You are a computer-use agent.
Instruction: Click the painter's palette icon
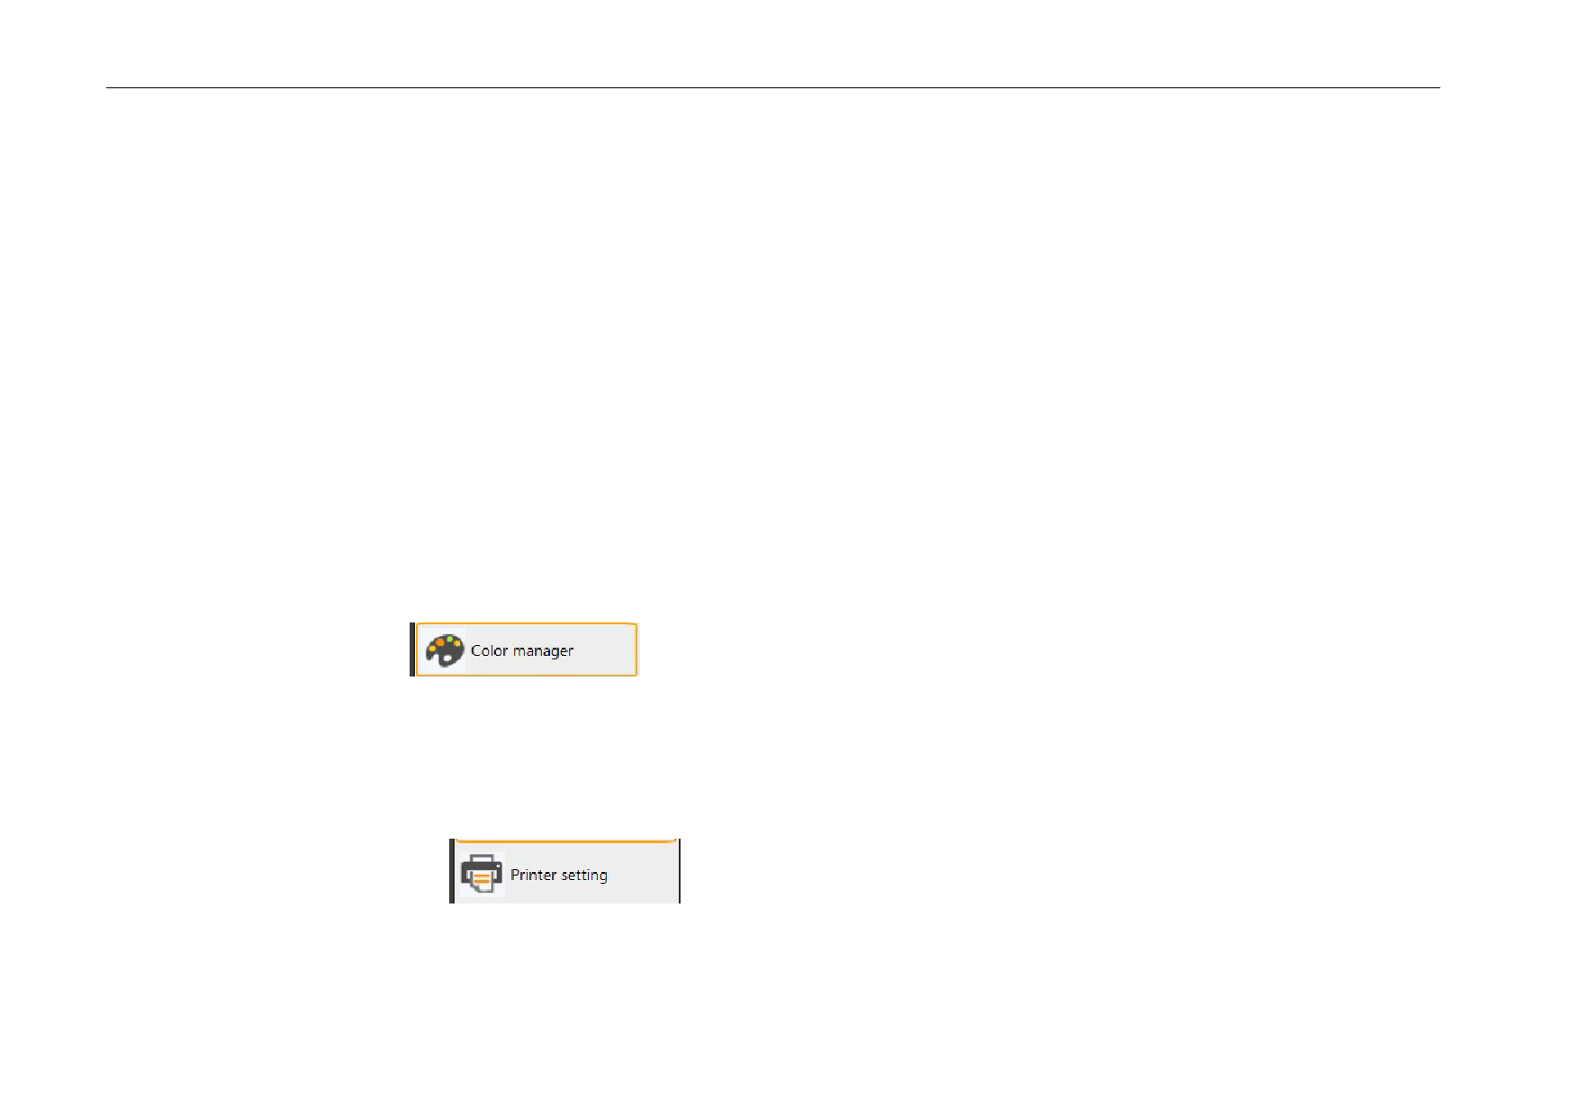tap(445, 649)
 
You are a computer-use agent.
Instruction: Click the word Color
tap(490, 650)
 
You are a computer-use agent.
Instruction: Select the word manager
tap(543, 651)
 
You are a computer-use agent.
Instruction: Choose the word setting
tap(583, 876)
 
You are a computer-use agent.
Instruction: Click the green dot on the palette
tap(449, 639)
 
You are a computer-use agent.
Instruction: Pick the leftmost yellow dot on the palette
tap(432, 649)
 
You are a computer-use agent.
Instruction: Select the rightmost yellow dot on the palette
tap(458, 643)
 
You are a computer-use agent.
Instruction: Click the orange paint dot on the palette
tap(439, 642)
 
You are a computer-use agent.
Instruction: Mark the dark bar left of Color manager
tap(412, 649)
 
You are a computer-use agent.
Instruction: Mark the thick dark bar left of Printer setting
tap(452, 871)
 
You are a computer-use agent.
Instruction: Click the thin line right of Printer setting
tap(680, 871)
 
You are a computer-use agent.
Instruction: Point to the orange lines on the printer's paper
tap(482, 877)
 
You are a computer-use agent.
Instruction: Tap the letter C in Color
tap(476, 650)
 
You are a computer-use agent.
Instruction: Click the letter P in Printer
tap(515, 875)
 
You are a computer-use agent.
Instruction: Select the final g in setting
tap(602, 877)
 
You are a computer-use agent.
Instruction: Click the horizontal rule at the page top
tap(773, 88)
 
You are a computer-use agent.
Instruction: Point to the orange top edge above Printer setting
tap(565, 841)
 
